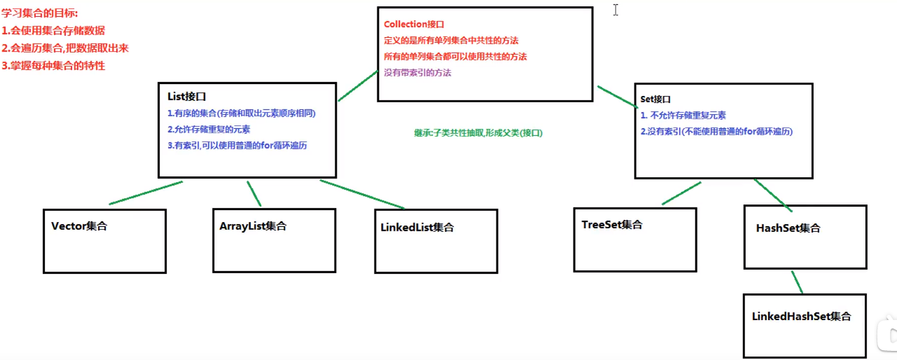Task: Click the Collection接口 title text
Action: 415,25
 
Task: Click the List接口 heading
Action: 187,97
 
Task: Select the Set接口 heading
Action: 656,99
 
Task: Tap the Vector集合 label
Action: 79,226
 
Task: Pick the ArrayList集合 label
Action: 253,226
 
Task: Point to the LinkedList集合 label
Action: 417,228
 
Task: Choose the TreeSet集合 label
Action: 612,225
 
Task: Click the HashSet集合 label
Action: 788,228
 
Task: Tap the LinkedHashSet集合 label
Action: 801,317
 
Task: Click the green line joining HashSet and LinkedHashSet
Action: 797,282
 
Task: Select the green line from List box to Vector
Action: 146,193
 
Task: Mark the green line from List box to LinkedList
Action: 362,194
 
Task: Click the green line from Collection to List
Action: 358,86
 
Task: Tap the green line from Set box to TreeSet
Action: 681,193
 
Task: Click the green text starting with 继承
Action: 478,132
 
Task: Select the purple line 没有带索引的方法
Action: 418,73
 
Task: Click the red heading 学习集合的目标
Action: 40,13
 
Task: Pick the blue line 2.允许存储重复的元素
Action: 209,130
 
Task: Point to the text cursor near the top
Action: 616,10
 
